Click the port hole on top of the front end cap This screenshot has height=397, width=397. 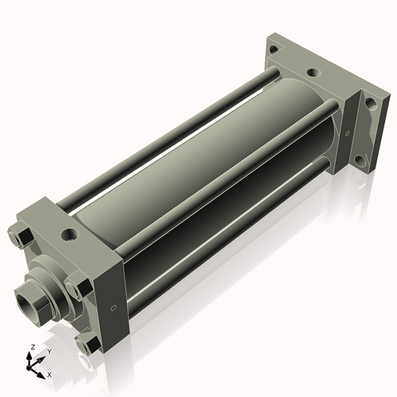[72, 236]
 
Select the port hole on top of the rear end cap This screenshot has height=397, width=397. [314, 74]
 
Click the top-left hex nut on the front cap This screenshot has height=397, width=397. [21, 237]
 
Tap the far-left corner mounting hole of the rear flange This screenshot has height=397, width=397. [274, 49]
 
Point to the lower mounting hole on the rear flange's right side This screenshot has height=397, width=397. [361, 161]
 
